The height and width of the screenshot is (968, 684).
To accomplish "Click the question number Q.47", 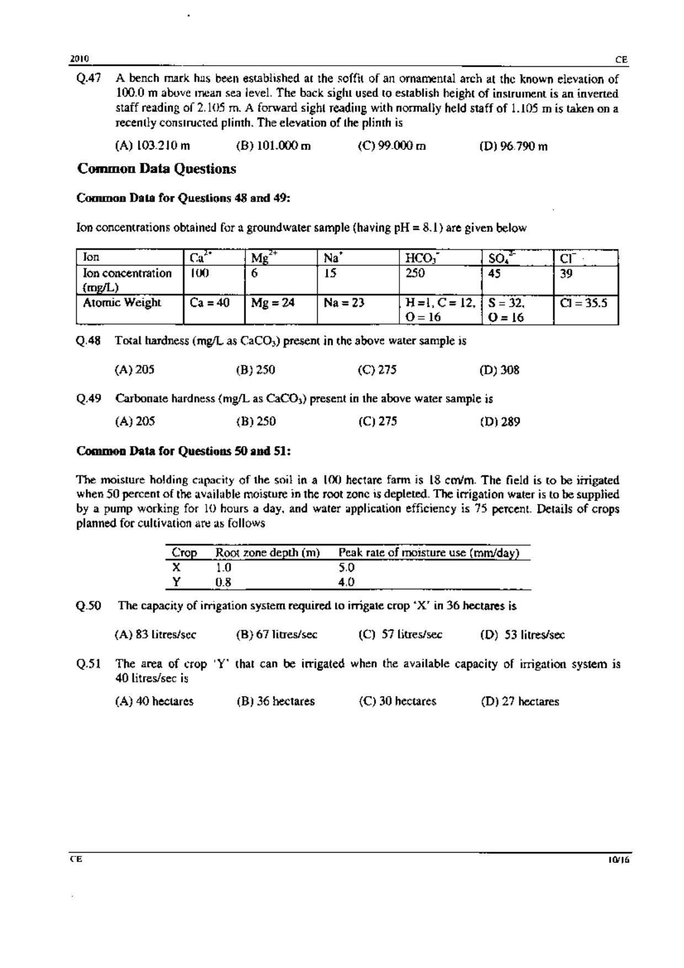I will click(x=89, y=78).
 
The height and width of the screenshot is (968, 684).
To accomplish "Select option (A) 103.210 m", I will click(x=152, y=146).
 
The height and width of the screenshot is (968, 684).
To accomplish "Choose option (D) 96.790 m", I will click(x=514, y=146).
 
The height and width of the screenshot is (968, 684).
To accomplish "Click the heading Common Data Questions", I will click(x=157, y=169).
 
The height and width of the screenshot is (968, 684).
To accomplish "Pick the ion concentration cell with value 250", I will click(x=415, y=273).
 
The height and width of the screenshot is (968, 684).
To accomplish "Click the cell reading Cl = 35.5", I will click(x=584, y=302).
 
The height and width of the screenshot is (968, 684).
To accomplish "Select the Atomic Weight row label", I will click(x=122, y=302).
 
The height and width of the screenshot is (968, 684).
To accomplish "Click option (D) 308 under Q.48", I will click(x=499, y=370).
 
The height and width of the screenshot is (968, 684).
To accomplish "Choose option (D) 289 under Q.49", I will click(x=500, y=422).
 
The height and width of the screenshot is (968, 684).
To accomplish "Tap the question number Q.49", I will click(x=89, y=398).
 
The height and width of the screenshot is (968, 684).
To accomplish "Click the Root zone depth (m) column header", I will click(x=268, y=552).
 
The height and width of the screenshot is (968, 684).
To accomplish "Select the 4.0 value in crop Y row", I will click(x=346, y=582).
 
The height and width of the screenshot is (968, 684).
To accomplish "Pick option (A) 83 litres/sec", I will click(x=155, y=635).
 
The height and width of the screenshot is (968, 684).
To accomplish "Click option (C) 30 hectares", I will click(x=397, y=701).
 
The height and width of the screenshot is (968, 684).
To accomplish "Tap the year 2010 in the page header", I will click(x=80, y=59).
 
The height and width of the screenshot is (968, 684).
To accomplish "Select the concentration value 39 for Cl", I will click(x=566, y=273).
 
